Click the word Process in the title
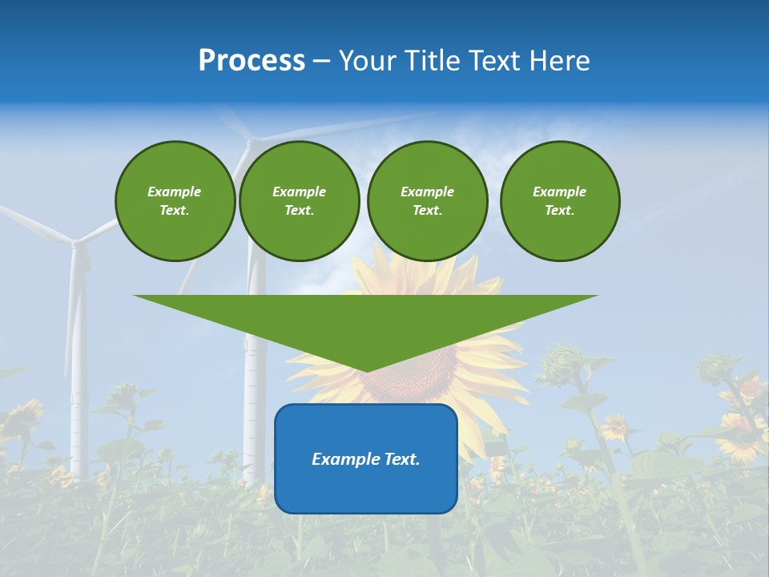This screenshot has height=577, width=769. (252, 61)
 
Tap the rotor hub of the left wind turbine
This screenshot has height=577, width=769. (75, 241)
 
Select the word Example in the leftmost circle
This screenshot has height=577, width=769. (175, 192)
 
